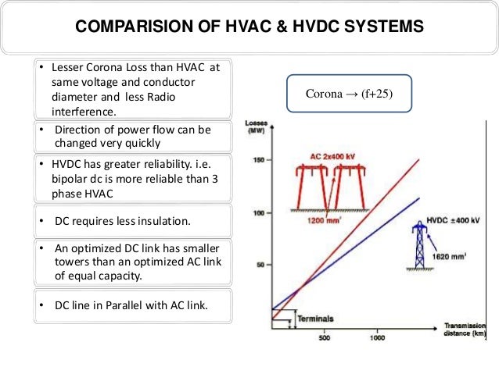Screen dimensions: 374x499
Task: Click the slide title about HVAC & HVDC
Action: click(x=249, y=28)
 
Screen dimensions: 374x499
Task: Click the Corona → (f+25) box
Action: click(x=348, y=94)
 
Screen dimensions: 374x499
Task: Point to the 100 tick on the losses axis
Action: click(x=259, y=212)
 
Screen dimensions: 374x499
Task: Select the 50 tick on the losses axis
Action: click(x=260, y=265)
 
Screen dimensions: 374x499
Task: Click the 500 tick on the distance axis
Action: click(x=324, y=337)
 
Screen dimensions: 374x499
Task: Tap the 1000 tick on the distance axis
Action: click(x=377, y=337)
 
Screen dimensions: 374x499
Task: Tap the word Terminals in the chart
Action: click(x=315, y=319)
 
